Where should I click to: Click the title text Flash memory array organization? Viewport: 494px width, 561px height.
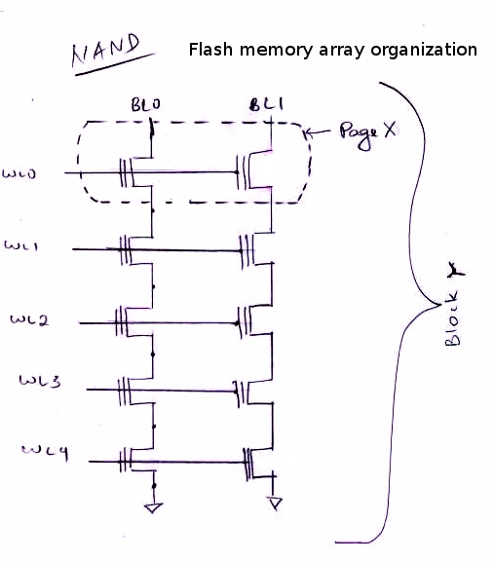(x=332, y=49)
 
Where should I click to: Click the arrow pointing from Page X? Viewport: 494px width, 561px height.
(x=319, y=133)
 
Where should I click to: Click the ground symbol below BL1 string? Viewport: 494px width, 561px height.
(x=275, y=504)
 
